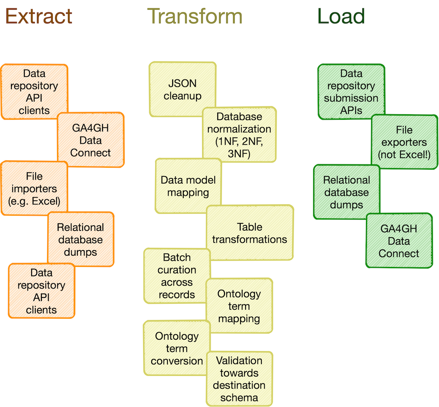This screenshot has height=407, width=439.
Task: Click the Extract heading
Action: pyautogui.click(x=39, y=16)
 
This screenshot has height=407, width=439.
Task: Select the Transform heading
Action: pyautogui.click(x=194, y=16)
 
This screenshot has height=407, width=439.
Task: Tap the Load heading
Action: pyautogui.click(x=341, y=16)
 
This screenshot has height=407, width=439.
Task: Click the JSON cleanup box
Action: pyautogui.click(x=182, y=89)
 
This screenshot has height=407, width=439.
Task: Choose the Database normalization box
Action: pyautogui.click(x=239, y=135)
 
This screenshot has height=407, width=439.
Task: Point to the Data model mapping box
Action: pyautogui.click(x=188, y=186)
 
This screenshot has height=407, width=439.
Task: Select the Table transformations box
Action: pyautogui.click(x=250, y=233)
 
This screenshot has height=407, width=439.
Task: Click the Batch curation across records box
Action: pyautogui.click(x=177, y=276)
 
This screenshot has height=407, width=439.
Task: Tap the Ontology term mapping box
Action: pyautogui.click(x=239, y=306)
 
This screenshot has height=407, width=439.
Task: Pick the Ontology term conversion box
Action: pyautogui.click(x=177, y=348)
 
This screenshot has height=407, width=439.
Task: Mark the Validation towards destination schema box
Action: pyautogui.click(x=239, y=379)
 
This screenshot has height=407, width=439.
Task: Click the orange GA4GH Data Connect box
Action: pyautogui.click(x=91, y=140)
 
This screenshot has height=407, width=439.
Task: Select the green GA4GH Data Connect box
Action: pyautogui.click(x=399, y=241)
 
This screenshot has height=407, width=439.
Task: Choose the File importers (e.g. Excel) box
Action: pyautogui.click(x=34, y=188)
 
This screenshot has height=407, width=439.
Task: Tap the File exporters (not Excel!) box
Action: pyautogui.click(x=404, y=142)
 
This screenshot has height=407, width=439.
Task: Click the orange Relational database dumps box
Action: pyautogui.click(x=81, y=240)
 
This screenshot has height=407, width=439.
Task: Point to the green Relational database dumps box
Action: pyautogui.click(x=346, y=192)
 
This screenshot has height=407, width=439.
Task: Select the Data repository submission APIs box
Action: pyautogui.click(x=351, y=92)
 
